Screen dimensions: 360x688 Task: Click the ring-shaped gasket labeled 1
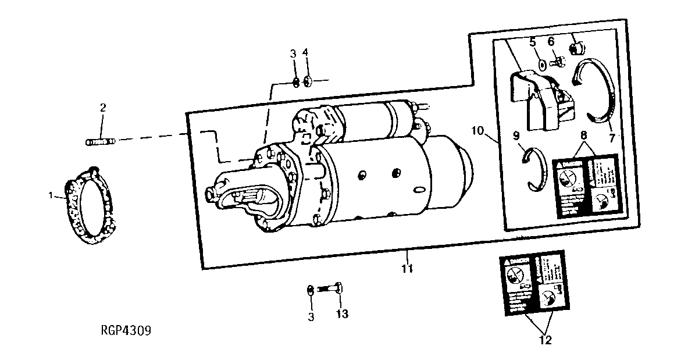click(91, 205)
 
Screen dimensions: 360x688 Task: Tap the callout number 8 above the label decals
click(583, 135)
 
